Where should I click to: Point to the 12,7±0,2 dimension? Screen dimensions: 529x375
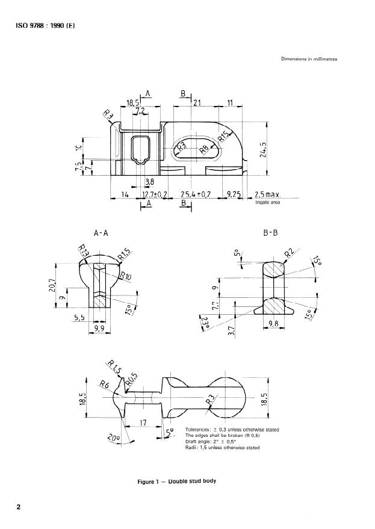(x=154, y=196)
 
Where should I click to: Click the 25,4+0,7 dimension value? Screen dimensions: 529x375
(x=196, y=196)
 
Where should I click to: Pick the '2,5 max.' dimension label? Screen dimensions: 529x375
(x=268, y=196)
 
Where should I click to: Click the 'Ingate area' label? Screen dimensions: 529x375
(x=267, y=203)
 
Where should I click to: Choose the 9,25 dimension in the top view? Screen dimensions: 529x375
(x=234, y=196)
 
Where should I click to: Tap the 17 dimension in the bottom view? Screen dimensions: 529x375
(x=144, y=423)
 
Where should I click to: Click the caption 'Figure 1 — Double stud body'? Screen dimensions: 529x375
(x=176, y=482)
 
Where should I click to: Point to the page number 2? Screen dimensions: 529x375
(x=19, y=507)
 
